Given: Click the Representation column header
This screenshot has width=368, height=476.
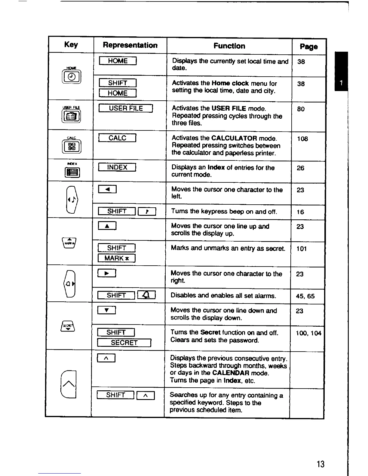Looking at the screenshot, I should (x=130, y=45).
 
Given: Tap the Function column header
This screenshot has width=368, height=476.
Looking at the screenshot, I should (x=229, y=46).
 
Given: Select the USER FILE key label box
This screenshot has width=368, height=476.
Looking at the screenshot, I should (x=126, y=108).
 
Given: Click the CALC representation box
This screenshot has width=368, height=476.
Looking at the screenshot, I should (x=117, y=138).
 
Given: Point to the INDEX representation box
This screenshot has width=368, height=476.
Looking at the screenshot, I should (x=117, y=167).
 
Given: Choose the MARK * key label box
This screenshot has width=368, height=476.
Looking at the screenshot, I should (x=117, y=258).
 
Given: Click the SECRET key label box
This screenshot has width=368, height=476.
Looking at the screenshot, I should (x=124, y=343).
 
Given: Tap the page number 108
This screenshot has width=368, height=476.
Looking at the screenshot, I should (x=302, y=139).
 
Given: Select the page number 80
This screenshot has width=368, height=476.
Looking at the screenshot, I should (x=301, y=109).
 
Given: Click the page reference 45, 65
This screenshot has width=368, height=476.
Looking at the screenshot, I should (x=305, y=296).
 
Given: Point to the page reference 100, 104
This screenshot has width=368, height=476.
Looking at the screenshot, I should (x=308, y=333).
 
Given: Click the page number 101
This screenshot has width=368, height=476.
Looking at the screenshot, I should (x=302, y=249).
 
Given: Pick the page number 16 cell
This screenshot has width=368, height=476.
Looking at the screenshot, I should (x=300, y=212).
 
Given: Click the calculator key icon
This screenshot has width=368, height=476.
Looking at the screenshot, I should (x=72, y=146).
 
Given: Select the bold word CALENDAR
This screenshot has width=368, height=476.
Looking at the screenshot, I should (x=231, y=373).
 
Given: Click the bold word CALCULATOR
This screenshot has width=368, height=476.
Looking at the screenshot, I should (x=234, y=138).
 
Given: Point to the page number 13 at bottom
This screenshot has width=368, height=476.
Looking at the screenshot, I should (x=320, y=464).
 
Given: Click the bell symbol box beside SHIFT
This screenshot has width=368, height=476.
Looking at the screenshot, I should (x=146, y=295).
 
